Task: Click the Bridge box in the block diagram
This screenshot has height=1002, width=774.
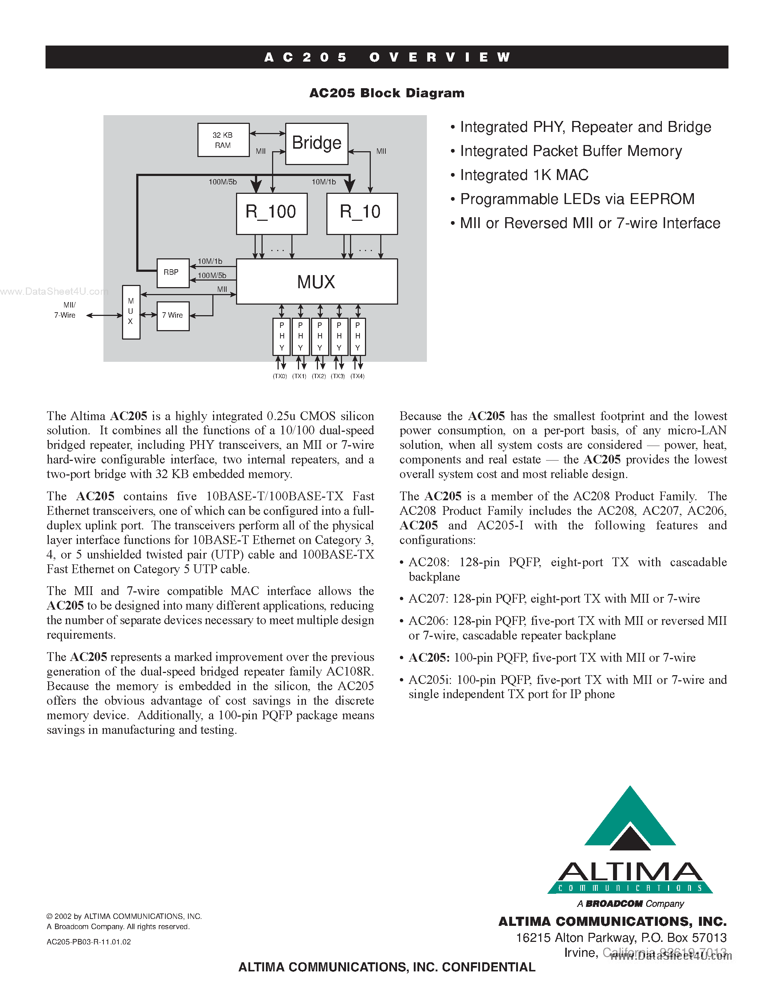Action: (x=317, y=144)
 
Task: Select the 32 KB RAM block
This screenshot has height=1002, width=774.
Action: (x=223, y=140)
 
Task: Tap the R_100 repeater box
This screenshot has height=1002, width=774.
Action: (x=271, y=214)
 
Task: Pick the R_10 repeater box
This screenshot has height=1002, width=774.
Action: (x=362, y=214)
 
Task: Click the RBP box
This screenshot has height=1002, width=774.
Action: (x=172, y=273)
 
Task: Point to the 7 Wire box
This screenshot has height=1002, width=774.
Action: (x=173, y=316)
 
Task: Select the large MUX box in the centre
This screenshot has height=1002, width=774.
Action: (x=317, y=281)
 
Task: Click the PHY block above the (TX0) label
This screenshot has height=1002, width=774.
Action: (x=282, y=336)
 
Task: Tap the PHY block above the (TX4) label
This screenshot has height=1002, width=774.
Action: (x=358, y=336)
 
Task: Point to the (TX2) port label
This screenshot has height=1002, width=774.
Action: (x=319, y=376)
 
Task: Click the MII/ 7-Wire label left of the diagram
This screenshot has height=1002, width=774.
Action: (x=65, y=310)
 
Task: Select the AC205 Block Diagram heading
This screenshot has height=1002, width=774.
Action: (x=386, y=93)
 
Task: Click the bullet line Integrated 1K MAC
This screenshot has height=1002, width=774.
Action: (x=524, y=175)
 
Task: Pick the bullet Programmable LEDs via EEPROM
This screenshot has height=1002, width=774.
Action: (x=577, y=199)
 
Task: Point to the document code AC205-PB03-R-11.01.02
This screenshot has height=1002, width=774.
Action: (x=89, y=942)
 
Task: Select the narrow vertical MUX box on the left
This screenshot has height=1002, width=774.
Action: (x=131, y=312)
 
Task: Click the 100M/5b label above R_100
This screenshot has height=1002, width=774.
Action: (x=223, y=182)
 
